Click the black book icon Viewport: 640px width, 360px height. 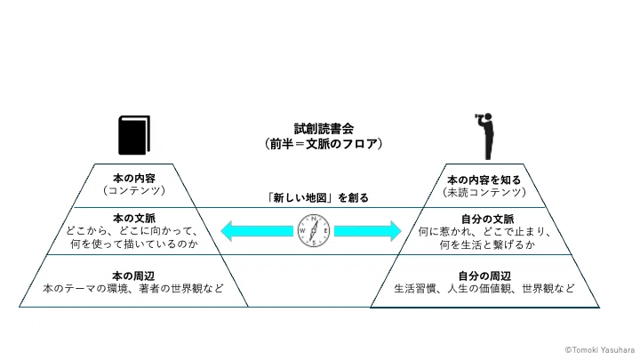134,135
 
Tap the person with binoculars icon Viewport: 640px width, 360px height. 486,136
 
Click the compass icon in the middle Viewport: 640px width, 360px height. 314,231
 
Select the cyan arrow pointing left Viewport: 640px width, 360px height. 257,231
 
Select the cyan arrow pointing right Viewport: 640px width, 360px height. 368,231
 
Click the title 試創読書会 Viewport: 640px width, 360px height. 324,129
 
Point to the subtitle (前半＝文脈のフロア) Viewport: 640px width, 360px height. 324,144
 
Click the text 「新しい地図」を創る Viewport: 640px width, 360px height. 316,198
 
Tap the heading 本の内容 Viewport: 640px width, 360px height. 134,179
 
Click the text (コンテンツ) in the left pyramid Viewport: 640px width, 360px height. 134,190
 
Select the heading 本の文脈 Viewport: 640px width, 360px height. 134,219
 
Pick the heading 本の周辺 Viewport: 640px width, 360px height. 133,276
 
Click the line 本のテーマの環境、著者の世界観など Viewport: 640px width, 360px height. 133,289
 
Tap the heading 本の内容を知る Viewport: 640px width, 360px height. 484,180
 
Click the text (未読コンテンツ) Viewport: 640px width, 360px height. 484,192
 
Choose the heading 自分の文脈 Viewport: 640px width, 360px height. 487,220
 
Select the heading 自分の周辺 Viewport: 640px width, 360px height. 484,276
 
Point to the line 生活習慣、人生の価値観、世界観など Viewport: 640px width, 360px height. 484,289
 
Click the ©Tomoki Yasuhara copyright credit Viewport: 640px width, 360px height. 600,350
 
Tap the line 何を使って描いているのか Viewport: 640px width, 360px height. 134,244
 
